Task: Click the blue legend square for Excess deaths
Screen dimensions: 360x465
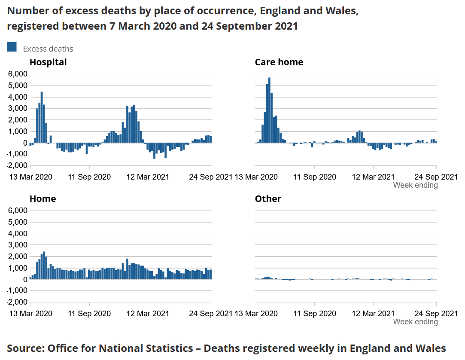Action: coord(12,47)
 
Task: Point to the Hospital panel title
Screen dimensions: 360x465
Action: coord(48,62)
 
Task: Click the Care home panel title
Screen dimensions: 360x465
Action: coord(279,62)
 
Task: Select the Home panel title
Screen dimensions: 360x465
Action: coord(43,199)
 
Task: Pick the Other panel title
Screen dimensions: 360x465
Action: coord(268,199)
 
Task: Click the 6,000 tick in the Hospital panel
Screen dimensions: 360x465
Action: coord(18,74)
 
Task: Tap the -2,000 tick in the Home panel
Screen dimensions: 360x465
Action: coord(17,302)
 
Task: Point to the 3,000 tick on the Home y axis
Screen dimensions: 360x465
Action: coord(18,245)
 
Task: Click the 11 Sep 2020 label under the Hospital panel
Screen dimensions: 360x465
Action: coord(89,177)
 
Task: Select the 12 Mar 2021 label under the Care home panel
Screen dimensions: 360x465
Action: coord(373,177)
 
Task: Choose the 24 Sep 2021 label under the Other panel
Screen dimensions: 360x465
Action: coord(436,314)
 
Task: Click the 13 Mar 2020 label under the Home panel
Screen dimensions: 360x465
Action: coord(31,314)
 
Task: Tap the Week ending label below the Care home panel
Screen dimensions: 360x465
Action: coord(415,185)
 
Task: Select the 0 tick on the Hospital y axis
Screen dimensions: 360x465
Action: coord(25,143)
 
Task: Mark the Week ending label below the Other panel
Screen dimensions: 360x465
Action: coord(415,322)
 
